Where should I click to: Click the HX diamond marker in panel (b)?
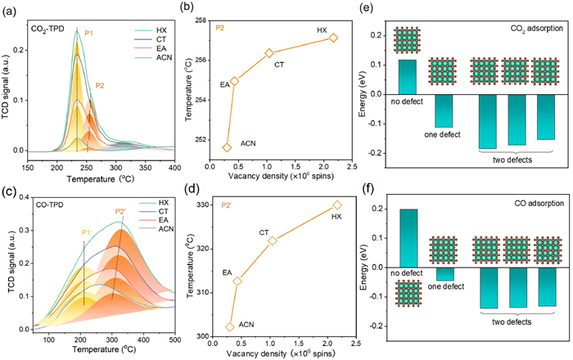[x=333, y=38]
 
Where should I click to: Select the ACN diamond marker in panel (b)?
[x=227, y=147]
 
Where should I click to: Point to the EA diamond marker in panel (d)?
[x=237, y=281]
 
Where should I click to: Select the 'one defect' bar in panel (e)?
[x=443, y=110]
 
